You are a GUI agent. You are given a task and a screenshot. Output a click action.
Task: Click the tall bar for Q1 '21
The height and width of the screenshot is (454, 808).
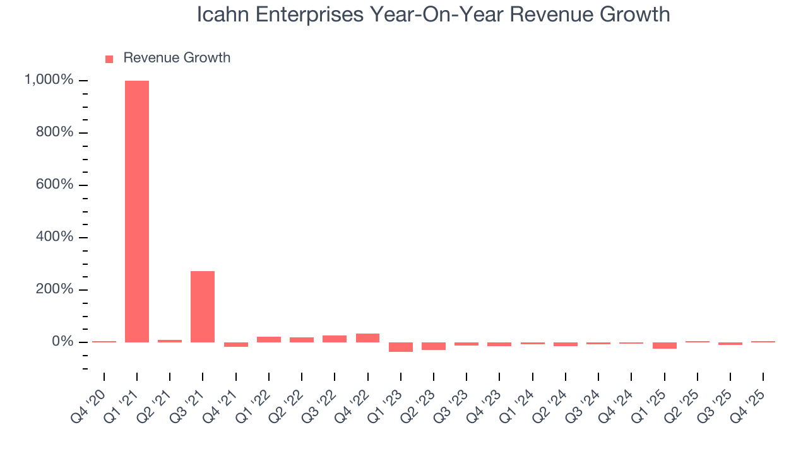tap(137, 211)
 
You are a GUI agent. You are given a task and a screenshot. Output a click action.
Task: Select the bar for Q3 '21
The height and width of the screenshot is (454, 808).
tap(203, 306)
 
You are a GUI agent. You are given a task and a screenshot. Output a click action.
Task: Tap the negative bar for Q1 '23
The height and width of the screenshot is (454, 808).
tap(400, 347)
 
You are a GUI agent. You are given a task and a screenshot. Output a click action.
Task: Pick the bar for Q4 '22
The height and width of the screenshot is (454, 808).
tap(367, 338)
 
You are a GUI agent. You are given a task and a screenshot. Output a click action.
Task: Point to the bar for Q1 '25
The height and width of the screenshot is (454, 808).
tap(664, 346)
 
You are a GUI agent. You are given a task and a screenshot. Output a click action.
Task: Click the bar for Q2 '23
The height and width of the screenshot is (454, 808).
tap(434, 346)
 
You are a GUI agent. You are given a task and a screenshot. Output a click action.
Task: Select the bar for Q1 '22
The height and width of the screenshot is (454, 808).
tap(269, 339)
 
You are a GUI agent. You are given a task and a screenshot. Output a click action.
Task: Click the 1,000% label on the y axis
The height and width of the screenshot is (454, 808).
tap(49, 80)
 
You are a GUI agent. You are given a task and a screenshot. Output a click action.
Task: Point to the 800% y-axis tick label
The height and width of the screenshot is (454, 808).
tap(54, 132)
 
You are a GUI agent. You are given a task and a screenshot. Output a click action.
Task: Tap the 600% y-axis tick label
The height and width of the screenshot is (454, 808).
tap(54, 185)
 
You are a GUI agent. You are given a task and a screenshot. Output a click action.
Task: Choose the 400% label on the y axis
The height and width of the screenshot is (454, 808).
tap(54, 237)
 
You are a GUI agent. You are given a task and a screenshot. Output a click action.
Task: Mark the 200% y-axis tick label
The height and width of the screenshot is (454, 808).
tap(54, 289)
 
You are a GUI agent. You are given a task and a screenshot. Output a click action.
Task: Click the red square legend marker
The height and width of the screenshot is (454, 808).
tap(109, 59)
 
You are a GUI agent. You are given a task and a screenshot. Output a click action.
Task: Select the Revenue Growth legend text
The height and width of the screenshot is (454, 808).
tap(177, 58)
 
